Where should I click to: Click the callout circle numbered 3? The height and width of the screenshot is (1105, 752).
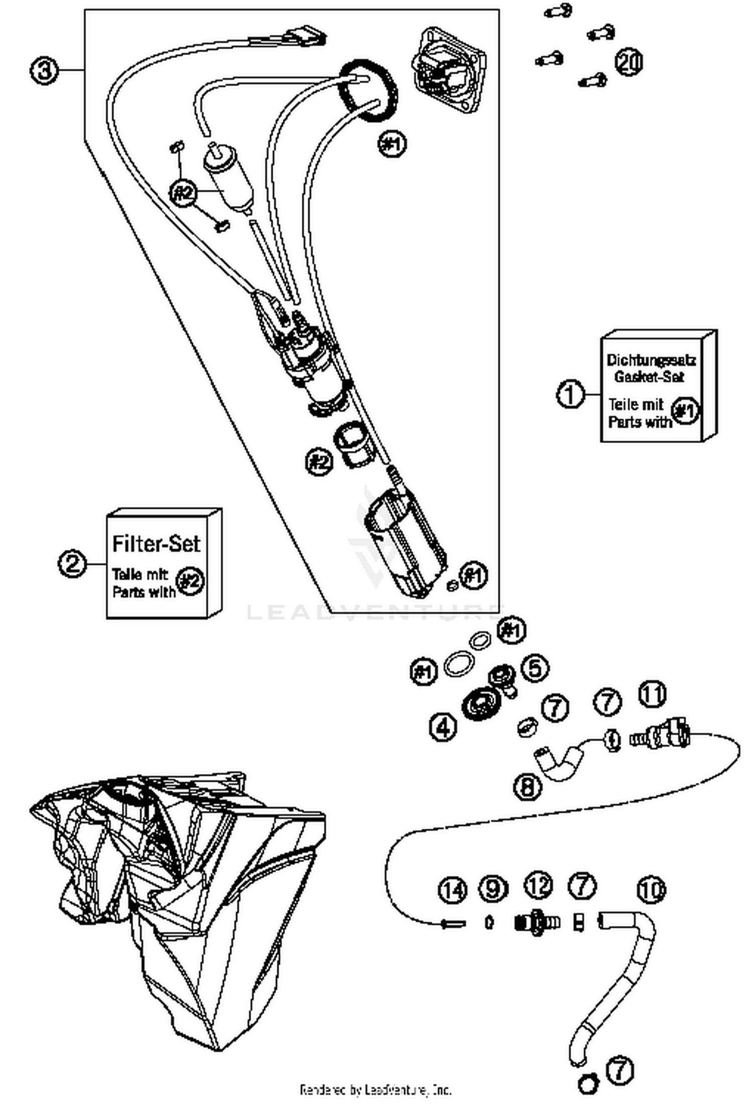[44, 71]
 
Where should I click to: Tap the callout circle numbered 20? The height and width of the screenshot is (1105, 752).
[629, 62]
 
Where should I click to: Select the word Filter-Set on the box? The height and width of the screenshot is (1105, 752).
[156, 544]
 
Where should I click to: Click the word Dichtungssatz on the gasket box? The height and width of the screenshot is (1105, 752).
[651, 360]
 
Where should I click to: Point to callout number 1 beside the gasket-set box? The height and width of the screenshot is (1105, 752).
[571, 394]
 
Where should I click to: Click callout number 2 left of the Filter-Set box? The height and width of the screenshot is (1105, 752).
[73, 564]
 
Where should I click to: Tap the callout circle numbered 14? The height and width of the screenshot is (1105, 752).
[452, 890]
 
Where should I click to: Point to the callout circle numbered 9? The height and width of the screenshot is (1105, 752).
[493, 888]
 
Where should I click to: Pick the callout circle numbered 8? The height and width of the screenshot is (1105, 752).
[528, 786]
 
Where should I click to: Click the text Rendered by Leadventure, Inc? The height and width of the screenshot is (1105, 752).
[375, 1089]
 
